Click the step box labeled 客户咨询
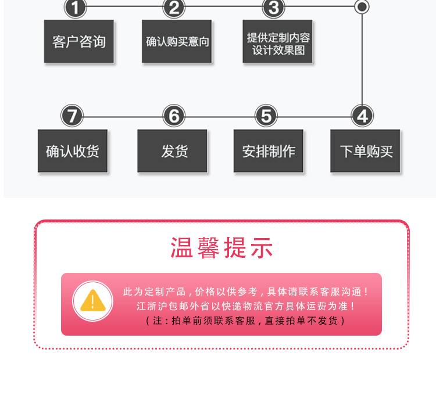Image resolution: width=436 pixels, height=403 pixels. (x=79, y=42)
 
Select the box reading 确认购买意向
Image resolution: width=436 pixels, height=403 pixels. (x=177, y=42)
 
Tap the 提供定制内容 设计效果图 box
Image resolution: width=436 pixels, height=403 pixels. (x=278, y=42)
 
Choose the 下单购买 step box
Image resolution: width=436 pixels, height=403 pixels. (x=366, y=151)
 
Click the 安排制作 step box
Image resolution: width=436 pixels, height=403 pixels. (x=269, y=151)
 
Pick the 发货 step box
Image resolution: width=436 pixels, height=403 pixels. (x=173, y=151)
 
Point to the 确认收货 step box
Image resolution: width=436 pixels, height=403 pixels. (x=73, y=151)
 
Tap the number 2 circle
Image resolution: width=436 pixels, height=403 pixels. (x=174, y=8)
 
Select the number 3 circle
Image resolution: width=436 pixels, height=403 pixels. (x=274, y=8)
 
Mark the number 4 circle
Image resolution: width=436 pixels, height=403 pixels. (x=362, y=116)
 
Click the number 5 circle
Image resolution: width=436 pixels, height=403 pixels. (x=266, y=116)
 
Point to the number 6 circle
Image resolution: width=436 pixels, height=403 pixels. (x=173, y=116)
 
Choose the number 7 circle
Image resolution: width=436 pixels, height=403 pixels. (x=72, y=116)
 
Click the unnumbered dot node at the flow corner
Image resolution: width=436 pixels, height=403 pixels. (x=362, y=7)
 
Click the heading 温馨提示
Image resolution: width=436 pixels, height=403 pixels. (x=221, y=248)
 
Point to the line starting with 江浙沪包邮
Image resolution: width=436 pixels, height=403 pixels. (x=246, y=306)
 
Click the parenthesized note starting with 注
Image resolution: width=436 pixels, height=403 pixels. (x=246, y=320)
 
